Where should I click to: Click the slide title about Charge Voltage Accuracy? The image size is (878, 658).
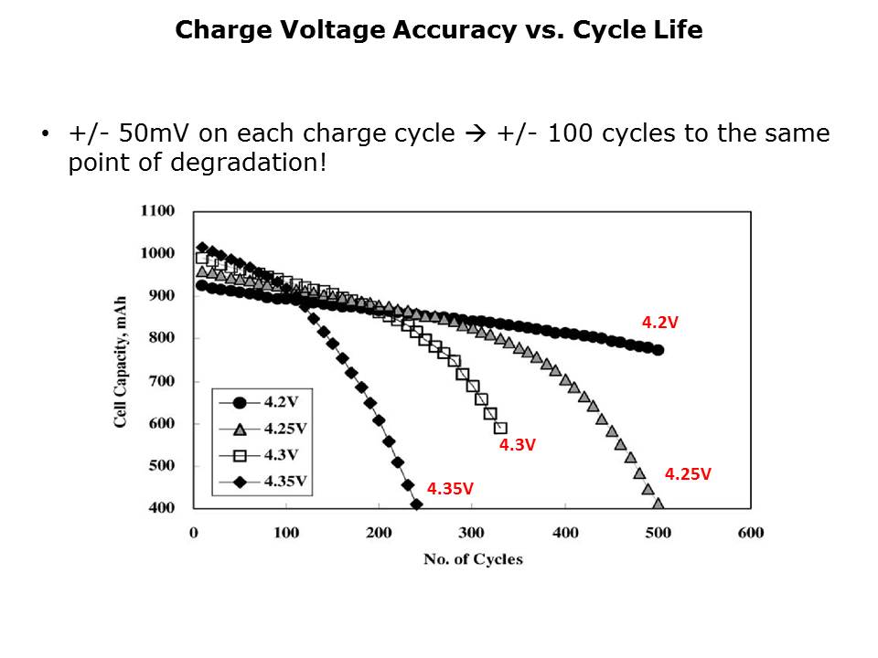[x=439, y=30]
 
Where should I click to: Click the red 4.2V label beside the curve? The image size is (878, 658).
[x=659, y=322]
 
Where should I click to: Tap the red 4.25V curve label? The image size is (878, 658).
[x=687, y=473]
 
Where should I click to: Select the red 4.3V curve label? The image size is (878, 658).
[x=517, y=445]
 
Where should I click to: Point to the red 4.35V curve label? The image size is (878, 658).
[x=450, y=488]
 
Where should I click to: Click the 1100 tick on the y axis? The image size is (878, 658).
[x=157, y=211]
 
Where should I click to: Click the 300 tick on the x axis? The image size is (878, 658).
[x=472, y=533]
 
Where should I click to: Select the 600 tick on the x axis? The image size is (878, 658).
[x=750, y=533]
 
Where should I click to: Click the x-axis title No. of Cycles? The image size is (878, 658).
[x=473, y=559]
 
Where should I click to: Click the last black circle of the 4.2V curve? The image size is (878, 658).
[x=658, y=350]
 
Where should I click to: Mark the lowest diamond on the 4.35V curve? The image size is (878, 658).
[x=416, y=504]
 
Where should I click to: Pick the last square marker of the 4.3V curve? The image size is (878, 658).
[x=499, y=428]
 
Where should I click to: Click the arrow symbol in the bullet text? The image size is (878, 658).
[x=476, y=134]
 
